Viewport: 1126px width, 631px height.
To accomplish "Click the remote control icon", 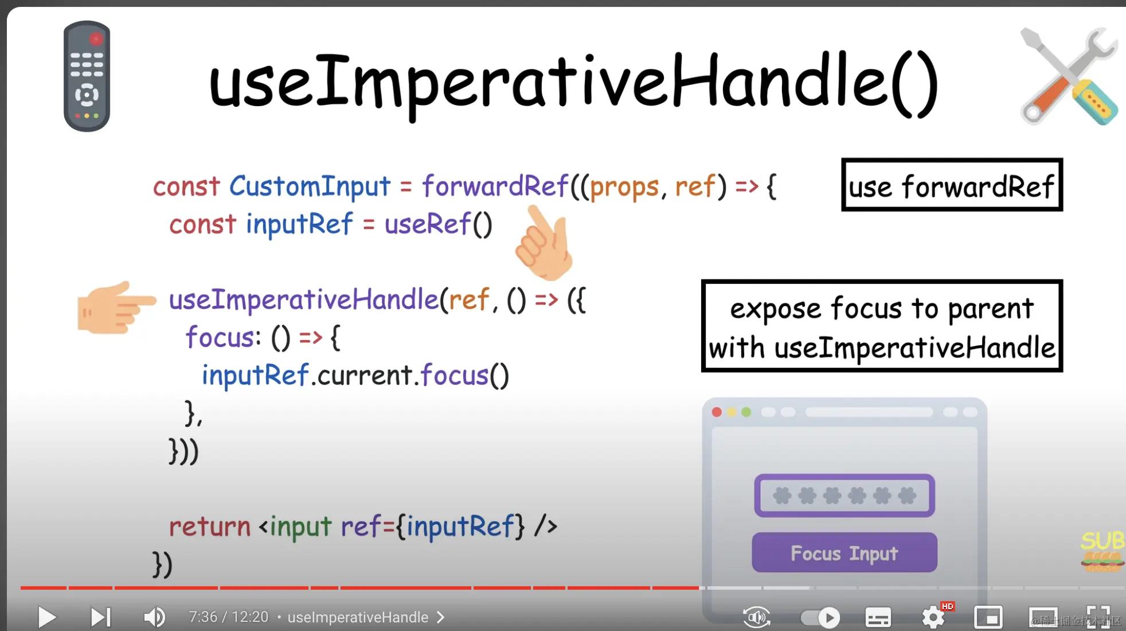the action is point(87,76).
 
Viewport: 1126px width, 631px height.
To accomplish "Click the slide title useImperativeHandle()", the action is point(574,84).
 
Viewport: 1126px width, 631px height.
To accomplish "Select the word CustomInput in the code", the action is point(310,186).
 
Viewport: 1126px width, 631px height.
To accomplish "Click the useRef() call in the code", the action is point(438,224).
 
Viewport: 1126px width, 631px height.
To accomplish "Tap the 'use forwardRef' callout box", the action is point(952,185).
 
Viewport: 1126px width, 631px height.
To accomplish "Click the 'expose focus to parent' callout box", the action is point(882,326).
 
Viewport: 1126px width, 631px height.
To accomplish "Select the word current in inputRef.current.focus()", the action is point(365,376).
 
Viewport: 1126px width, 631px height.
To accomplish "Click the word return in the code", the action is point(210,527).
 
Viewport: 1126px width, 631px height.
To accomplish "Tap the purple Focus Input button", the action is point(845,552).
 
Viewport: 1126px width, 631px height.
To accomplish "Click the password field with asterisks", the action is point(845,496).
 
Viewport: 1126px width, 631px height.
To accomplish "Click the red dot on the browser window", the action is point(717,412).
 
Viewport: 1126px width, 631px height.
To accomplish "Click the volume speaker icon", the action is point(154,617).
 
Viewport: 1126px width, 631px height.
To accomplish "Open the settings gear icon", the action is point(933,617).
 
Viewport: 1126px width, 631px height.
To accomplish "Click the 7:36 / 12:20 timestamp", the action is point(229,617).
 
